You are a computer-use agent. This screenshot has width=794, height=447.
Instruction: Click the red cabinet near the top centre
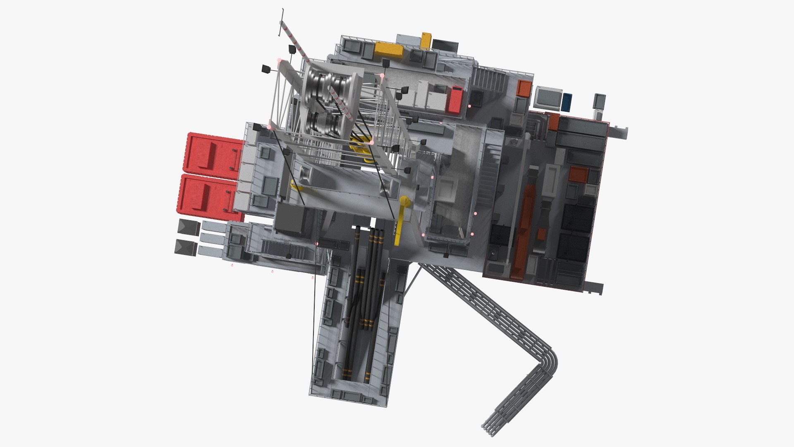point(455,99)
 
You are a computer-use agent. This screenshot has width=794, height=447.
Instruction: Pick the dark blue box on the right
point(567,102)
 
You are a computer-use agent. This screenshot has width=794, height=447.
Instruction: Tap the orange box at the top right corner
point(524,88)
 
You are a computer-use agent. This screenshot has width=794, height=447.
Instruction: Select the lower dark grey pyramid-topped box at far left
point(186,248)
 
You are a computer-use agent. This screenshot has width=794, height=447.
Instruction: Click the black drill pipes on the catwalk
point(364,298)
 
